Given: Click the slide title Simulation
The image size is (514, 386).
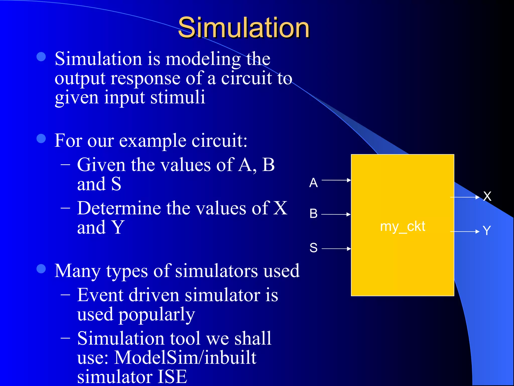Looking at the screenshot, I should point(243,28).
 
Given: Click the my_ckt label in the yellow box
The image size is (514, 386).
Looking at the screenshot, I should point(403,227).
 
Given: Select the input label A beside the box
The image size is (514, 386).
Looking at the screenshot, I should point(313,183).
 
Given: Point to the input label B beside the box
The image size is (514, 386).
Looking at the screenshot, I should point(313,214).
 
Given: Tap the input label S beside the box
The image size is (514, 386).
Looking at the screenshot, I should point(313,248).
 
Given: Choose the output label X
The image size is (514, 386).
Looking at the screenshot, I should point(487,196).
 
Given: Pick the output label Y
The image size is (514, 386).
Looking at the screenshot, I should point(487,230).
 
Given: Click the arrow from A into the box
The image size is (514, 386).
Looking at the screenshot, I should point(336,180).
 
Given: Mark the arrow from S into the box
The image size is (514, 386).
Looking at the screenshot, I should point(336,249).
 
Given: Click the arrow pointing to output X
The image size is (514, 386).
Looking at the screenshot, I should point(465,198).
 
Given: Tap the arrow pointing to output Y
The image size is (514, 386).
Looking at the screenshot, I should point(465,232).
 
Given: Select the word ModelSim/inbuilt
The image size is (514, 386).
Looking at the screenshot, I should point(185,357).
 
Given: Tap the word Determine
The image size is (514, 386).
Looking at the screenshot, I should point(119,208).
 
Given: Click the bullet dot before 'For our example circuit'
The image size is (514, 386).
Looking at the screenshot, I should point(41,138).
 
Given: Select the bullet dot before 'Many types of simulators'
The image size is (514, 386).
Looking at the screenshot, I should point(41,269).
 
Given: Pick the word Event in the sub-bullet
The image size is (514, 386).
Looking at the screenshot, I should point(100,295).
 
